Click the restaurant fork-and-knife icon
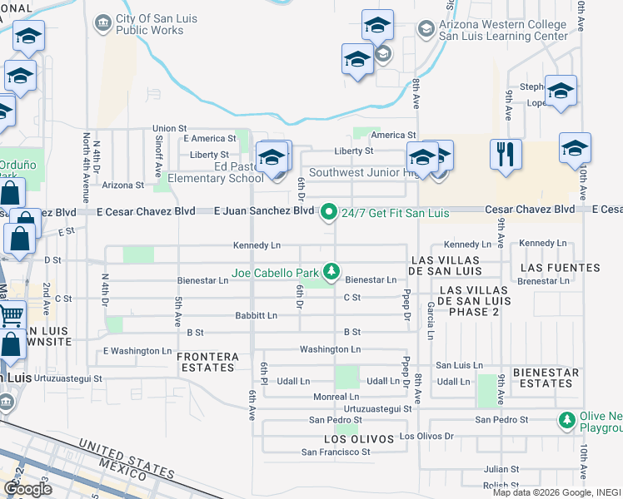[x=506, y=156]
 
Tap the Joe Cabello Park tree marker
[x=332, y=270]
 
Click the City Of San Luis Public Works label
[x=150, y=25]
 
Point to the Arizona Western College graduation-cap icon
[x=426, y=29]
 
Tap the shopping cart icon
[x=10, y=315]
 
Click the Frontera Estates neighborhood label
[x=207, y=362]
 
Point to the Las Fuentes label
[x=560, y=268]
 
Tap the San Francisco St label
[x=336, y=452]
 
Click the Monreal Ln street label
[x=336, y=398]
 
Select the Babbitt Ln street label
[x=256, y=316]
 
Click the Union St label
[x=169, y=129]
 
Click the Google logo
[x=28, y=489]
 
